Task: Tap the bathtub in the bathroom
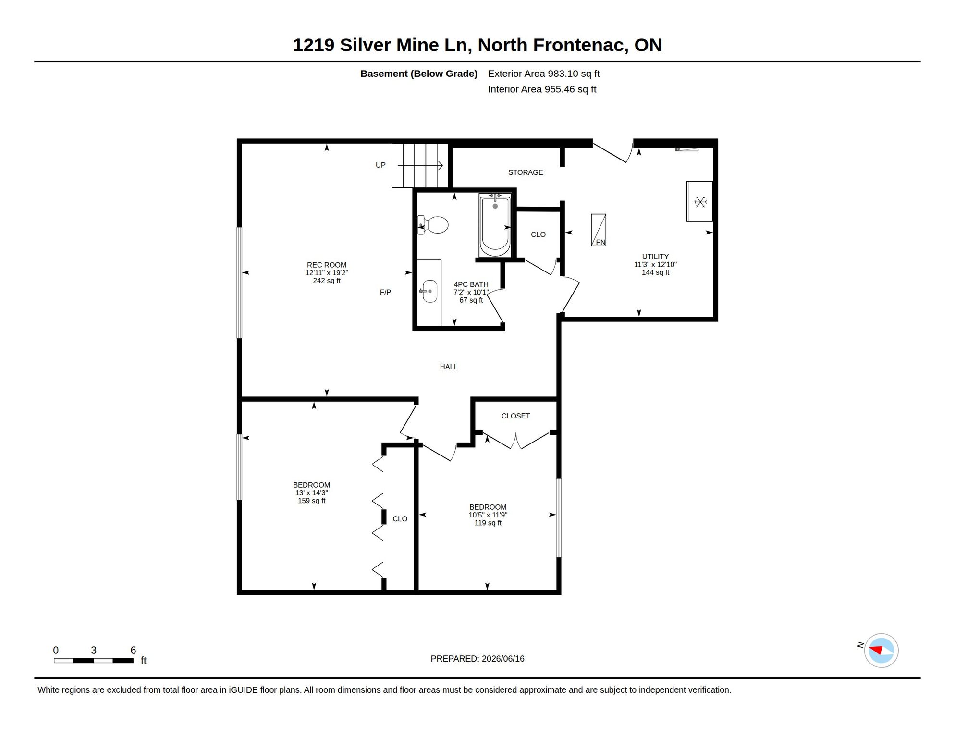(x=495, y=225)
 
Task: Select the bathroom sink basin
(x=429, y=291)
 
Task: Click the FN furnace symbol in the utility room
(x=599, y=230)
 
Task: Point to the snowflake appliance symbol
(x=700, y=202)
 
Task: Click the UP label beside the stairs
(x=380, y=165)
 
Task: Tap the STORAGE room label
(x=526, y=172)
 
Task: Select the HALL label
(x=449, y=367)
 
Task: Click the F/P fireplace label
(x=385, y=292)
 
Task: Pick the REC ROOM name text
(x=327, y=265)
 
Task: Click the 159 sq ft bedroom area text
(x=312, y=501)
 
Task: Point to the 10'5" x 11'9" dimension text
(x=488, y=515)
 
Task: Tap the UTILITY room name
(x=655, y=257)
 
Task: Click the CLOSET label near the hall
(x=515, y=416)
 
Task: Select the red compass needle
(x=876, y=650)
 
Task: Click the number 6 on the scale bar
(x=134, y=651)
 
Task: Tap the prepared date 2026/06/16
(x=503, y=659)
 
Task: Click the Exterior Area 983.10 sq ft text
(x=544, y=74)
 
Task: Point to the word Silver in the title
(x=366, y=45)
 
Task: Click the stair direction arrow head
(x=441, y=166)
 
